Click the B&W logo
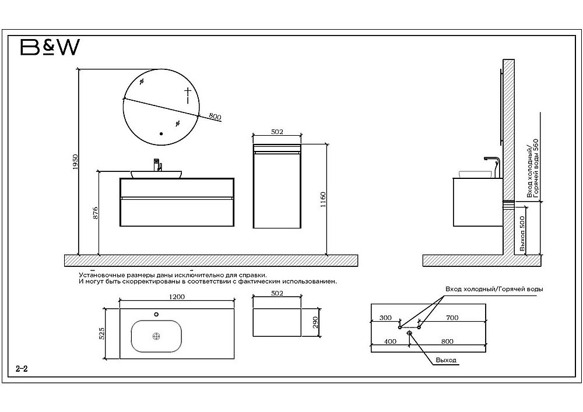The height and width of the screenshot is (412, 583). pyautogui.click(x=50, y=47)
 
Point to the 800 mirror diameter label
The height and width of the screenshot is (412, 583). pyautogui.click(x=215, y=117)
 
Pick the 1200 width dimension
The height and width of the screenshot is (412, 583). pyautogui.click(x=177, y=297)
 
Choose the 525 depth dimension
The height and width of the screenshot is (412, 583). pyautogui.click(x=101, y=334)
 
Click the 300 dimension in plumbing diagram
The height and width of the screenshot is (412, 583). pyautogui.click(x=385, y=318)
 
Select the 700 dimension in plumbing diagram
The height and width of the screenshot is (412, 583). pyautogui.click(x=452, y=318)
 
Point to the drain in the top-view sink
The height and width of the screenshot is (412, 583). pyautogui.click(x=156, y=336)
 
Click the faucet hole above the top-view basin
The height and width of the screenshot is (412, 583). pyautogui.click(x=156, y=315)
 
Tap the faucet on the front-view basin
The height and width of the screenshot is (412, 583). pyautogui.click(x=156, y=164)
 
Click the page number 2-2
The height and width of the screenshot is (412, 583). pyautogui.click(x=22, y=369)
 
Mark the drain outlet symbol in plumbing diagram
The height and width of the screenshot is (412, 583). pyautogui.click(x=410, y=333)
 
